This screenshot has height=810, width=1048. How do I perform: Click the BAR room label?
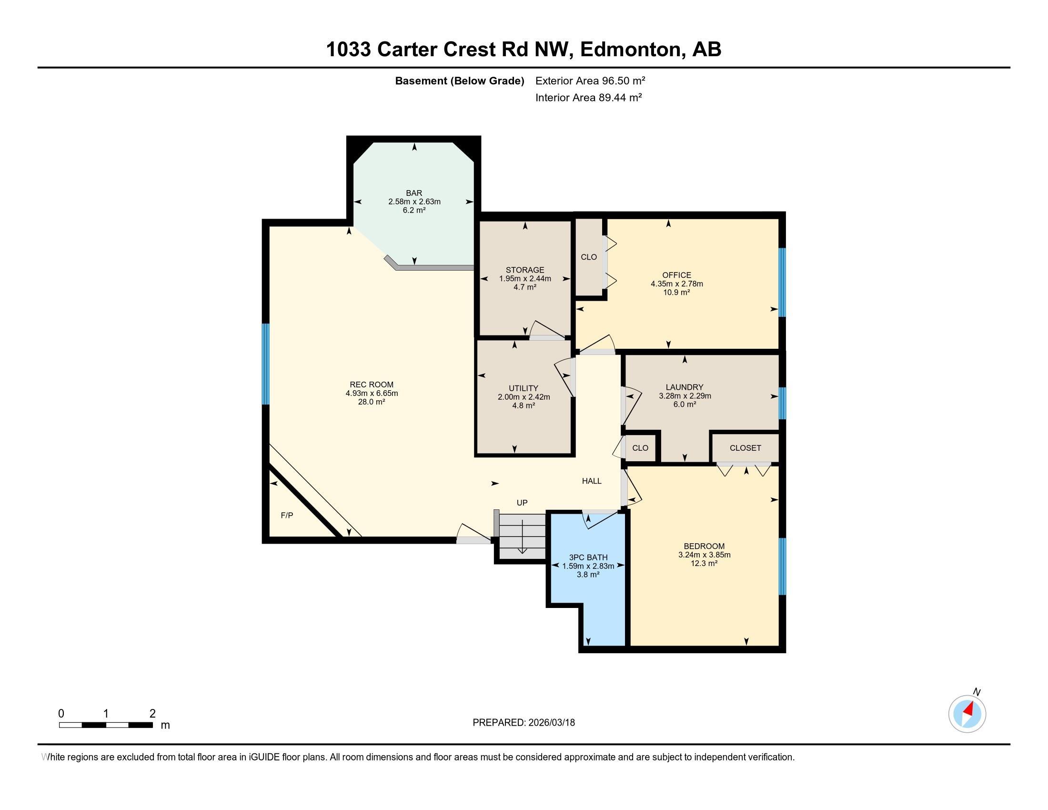[413, 193]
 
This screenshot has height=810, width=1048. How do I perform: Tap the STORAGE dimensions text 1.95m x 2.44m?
[524, 278]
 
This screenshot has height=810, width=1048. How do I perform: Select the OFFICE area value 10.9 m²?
[676, 292]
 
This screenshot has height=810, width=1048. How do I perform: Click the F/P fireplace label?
[286, 516]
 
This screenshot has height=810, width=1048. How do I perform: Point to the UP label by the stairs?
[522, 502]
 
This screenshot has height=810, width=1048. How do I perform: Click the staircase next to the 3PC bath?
[522, 537]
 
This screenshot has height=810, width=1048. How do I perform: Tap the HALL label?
[591, 481]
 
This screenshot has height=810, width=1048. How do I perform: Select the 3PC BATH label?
[588, 557]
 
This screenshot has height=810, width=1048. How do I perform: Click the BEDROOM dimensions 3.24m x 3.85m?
[704, 555]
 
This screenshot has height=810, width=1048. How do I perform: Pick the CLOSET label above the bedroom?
[745, 448]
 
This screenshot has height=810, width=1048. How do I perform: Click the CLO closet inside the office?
[588, 257]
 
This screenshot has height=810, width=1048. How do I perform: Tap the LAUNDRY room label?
[684, 387]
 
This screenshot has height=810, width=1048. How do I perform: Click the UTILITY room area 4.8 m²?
[523, 405]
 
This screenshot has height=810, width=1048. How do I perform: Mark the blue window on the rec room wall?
[265, 364]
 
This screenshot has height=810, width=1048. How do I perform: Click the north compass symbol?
[967, 714]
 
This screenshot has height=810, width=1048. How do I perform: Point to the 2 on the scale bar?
[152, 713]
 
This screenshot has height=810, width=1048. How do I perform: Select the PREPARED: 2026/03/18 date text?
[524, 723]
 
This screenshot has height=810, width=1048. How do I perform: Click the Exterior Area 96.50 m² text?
[590, 81]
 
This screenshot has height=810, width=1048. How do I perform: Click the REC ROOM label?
[372, 385]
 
